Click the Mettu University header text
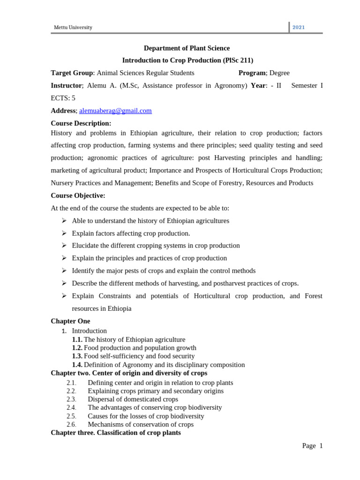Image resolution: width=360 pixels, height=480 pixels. [73, 27]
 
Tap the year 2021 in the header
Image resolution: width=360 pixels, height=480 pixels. [299, 27]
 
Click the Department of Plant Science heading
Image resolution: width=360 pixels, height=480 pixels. [187, 48]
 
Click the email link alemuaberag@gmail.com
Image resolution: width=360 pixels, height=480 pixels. [115, 111]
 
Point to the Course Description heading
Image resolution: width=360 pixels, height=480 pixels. [81, 123]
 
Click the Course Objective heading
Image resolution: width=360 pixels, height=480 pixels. [78, 195]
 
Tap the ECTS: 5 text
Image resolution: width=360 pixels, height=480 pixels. [63, 98]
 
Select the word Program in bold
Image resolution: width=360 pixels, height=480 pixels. [252, 73]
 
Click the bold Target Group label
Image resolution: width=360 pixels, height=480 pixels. [72, 73]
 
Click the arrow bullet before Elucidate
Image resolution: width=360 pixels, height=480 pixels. [64, 245]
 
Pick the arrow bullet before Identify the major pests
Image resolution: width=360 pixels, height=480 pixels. [64, 270]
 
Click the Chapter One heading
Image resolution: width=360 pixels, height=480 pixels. [70, 321]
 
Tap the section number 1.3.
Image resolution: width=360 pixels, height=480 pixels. [77, 356]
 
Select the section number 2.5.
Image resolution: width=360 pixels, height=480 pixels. [71, 416]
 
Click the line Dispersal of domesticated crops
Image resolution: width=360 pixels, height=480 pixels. [133, 399]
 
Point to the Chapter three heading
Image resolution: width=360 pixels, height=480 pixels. [115, 433]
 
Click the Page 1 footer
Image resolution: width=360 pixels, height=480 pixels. [312, 446]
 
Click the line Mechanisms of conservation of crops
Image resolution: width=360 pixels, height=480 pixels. [141, 425]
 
